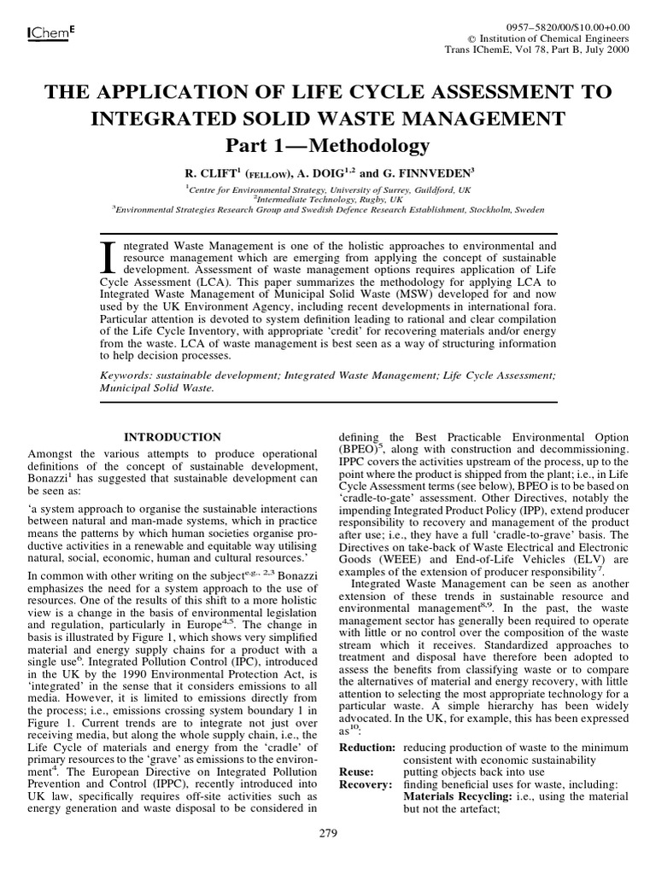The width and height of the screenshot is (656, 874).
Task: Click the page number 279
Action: click(327, 832)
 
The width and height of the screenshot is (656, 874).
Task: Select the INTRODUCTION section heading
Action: click(173, 437)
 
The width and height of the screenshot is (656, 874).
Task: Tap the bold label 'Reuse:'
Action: click(356, 772)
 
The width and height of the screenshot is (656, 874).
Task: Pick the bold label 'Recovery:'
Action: click(365, 784)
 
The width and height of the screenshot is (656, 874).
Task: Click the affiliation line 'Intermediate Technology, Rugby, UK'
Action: click(328, 197)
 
